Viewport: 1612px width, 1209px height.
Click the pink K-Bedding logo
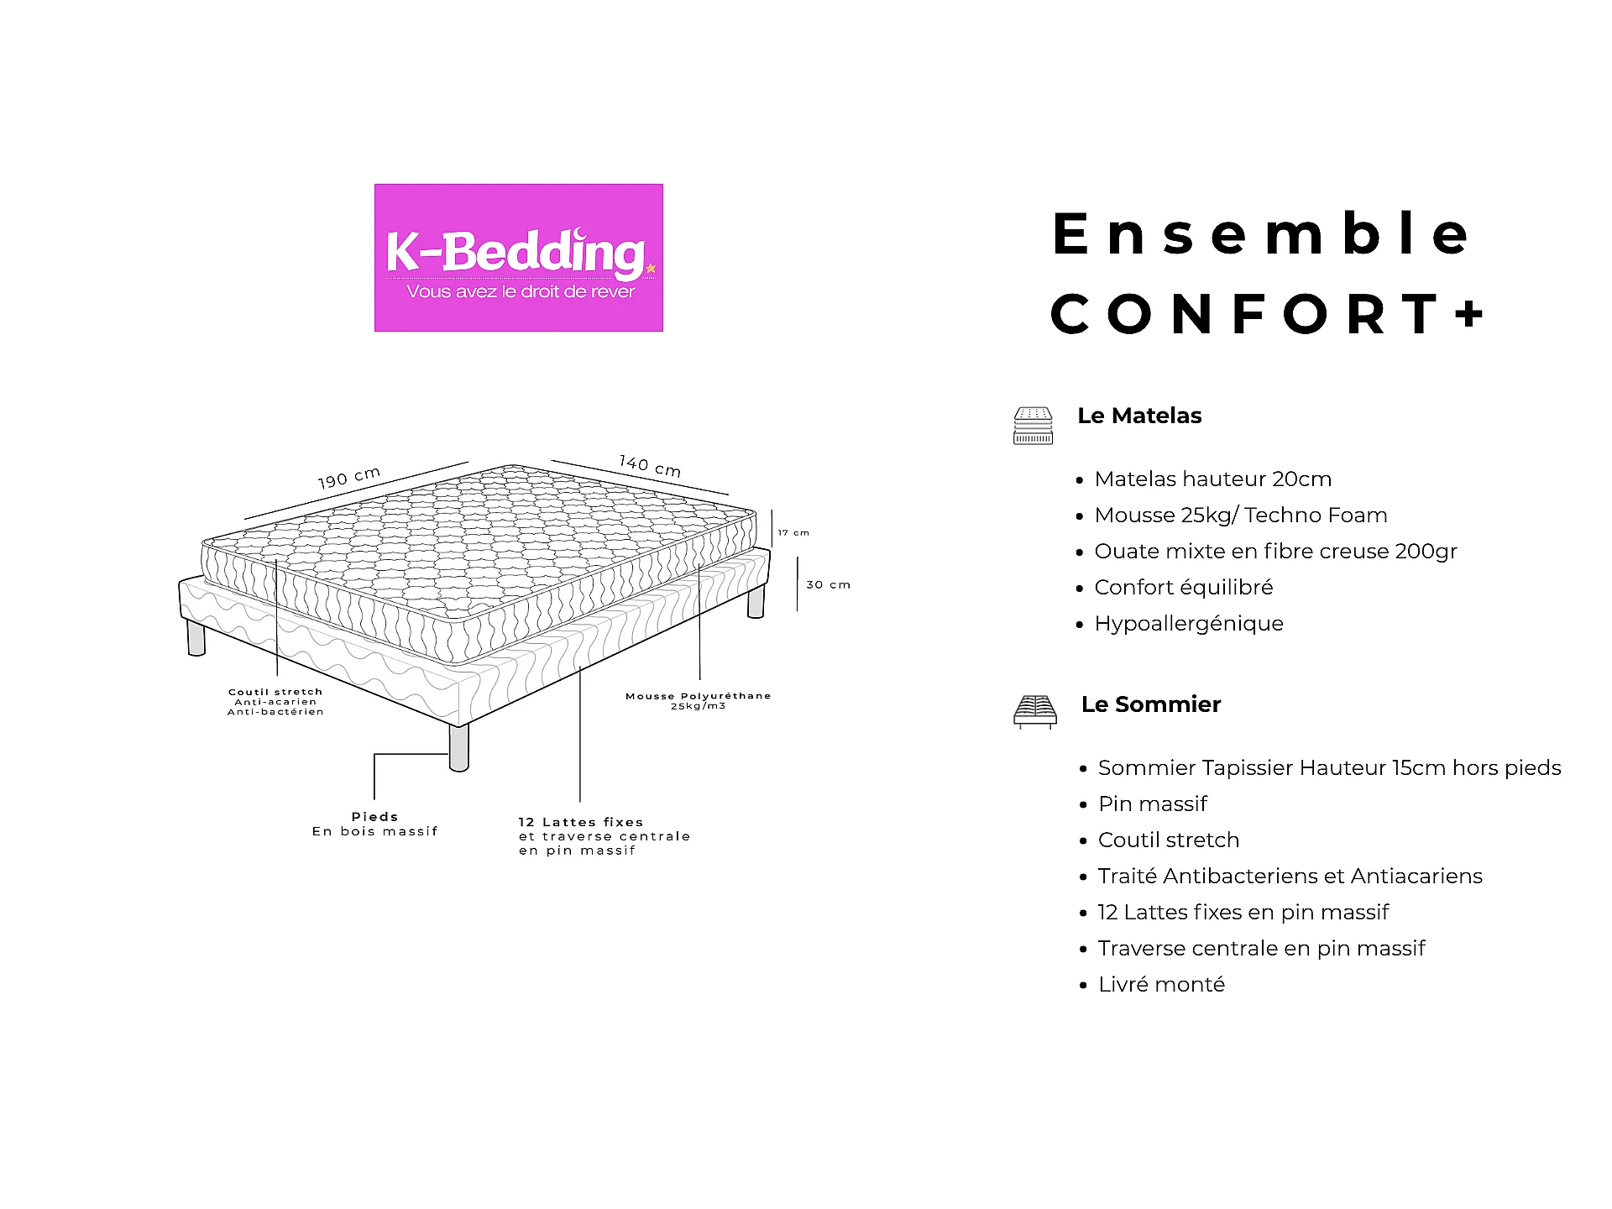click(x=518, y=258)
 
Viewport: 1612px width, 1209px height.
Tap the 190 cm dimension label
click(x=349, y=478)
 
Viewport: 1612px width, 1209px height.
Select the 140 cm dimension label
click(x=650, y=466)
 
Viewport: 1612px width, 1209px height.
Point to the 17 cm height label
click(x=793, y=532)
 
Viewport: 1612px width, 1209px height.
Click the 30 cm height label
click(x=828, y=584)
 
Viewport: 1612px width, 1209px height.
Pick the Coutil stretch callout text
click(x=275, y=702)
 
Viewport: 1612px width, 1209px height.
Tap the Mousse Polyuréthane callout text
click(x=698, y=700)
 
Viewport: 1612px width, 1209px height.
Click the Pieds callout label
click(x=374, y=816)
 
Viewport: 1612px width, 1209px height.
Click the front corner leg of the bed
click(x=459, y=747)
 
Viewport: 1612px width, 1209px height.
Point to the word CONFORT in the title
click(x=1245, y=314)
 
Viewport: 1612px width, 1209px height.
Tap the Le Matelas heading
click(x=1139, y=416)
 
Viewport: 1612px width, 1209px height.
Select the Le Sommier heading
click(x=1151, y=704)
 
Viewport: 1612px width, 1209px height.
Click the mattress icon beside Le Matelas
click(x=1033, y=426)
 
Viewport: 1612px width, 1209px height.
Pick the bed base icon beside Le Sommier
click(x=1035, y=712)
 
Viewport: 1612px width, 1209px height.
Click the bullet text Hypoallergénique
click(x=1189, y=624)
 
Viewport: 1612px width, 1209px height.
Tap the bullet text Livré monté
click(x=1162, y=984)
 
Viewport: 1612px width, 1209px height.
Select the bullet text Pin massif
click(x=1153, y=804)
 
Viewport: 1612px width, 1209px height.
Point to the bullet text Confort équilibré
click(x=1184, y=588)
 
